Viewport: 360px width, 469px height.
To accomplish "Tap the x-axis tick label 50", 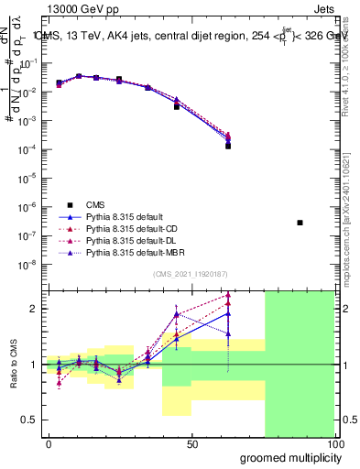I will pyautogui.click(x=192, y=444).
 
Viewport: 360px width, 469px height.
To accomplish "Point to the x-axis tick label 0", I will pyautogui.click(x=49, y=444).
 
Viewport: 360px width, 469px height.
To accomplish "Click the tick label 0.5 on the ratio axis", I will pyautogui.click(x=31, y=420).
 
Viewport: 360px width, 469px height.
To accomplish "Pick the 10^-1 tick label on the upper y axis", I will pyautogui.click(x=31, y=63).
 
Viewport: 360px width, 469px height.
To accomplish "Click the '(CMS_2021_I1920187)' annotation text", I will pyautogui.click(x=190, y=274).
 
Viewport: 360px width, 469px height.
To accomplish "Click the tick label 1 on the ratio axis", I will pyautogui.click(x=35, y=365).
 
